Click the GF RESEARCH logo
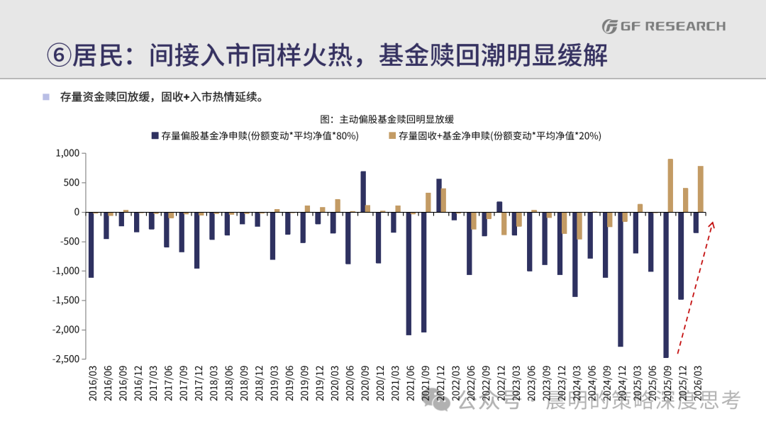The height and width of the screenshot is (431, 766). tap(664, 26)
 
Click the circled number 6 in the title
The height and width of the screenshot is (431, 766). tap(59, 55)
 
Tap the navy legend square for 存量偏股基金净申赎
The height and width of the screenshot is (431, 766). tap(155, 135)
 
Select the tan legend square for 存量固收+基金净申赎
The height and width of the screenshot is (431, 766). tap(392, 135)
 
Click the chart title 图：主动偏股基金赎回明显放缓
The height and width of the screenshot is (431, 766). tap(387, 119)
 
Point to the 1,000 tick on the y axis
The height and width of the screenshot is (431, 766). tap(67, 153)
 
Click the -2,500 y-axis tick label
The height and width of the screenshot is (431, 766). tap(66, 359)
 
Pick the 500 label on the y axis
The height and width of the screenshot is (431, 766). tap(72, 183)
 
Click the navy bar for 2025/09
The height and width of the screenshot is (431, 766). tap(666, 285)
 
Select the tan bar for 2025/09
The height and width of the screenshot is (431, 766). tap(670, 186)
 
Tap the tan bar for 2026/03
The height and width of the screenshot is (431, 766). tap(701, 189)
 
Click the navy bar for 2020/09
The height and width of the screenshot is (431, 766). tap(363, 192)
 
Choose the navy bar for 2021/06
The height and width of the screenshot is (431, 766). tap(409, 274)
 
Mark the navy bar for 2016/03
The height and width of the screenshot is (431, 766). tap(91, 245)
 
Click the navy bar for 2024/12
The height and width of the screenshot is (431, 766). tap(621, 280)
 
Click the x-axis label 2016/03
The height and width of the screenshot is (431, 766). tap(92, 384)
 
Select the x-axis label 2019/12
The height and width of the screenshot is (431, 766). tap(319, 384)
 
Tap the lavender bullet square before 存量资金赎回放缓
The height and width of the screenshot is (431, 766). tap(46, 97)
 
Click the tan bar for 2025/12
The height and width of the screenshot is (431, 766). tap(685, 200)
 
